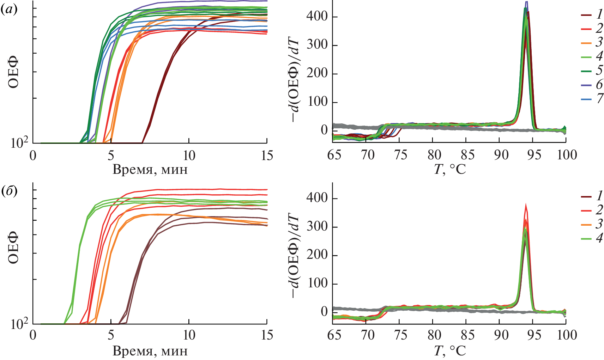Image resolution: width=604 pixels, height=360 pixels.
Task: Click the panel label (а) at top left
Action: pos(8,10)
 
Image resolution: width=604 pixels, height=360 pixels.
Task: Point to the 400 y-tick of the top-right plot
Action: pos(317,17)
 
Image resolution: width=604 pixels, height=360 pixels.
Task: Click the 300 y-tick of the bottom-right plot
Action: pos(317,227)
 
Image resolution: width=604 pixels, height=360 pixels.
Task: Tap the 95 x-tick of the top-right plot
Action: pos(534,155)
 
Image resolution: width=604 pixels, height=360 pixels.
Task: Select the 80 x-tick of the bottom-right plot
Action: pos(434,335)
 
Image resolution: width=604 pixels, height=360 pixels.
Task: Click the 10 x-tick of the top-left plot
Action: pos(189,155)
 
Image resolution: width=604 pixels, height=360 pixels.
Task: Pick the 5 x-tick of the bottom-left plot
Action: pos(111,335)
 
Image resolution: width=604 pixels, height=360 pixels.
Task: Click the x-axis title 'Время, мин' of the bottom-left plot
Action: pos(150,351)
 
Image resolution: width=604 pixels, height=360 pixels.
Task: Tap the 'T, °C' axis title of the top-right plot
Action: pos(449,170)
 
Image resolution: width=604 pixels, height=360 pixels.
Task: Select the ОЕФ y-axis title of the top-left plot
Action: pos(13,74)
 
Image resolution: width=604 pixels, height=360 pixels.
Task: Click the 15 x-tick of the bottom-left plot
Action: pos(267,335)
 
